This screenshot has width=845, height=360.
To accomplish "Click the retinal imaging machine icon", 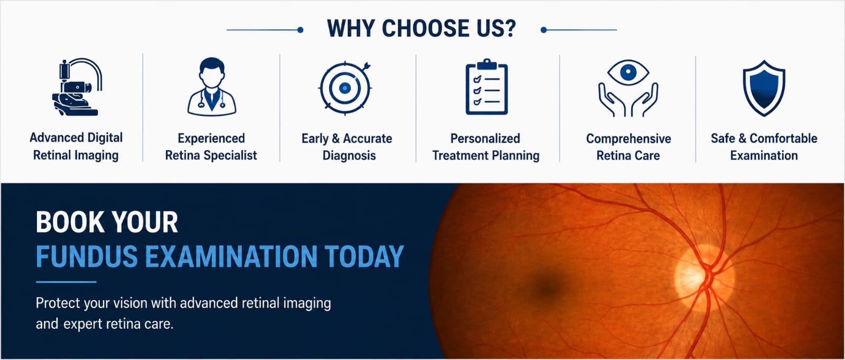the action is point(77,87).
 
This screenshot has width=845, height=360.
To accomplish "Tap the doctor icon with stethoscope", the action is point(212,87).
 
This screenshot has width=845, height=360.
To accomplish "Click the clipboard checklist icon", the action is point(486,87).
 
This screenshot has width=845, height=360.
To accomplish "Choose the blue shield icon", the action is point(764,88).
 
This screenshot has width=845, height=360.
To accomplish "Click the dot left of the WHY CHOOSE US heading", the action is point(301,30).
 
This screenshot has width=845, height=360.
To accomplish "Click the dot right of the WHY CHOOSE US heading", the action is point(543,30).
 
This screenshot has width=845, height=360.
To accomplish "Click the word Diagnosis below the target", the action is point(349,155).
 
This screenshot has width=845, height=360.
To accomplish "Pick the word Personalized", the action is point(485,138).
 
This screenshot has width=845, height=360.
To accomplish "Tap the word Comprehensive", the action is point(628,139).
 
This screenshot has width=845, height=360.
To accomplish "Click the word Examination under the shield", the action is point(764,155).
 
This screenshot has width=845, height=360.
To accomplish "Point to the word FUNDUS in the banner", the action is point(87,257).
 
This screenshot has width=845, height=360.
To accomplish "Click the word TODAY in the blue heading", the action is point(364,257).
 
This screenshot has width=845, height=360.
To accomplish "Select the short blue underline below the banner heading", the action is point(66,281).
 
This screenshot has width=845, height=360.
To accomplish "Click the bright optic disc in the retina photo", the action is point(704,278).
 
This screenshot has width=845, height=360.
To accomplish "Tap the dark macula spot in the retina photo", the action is point(546,289).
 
